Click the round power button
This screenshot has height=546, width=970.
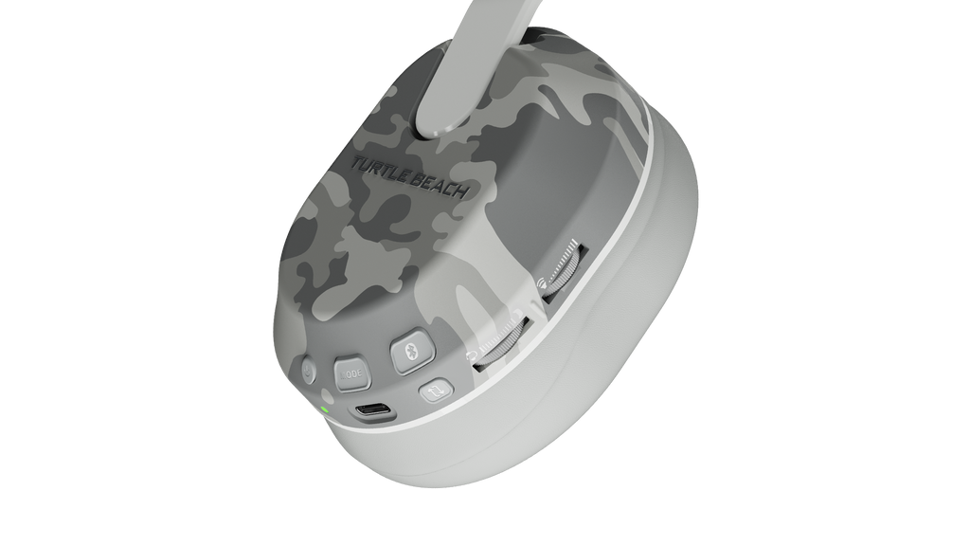308,370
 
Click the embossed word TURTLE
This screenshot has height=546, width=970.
385,171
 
